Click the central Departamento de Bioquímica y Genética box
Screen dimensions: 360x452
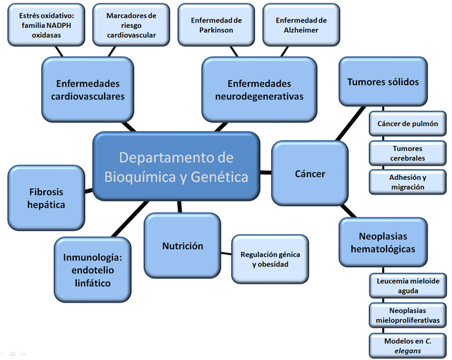coord(176,166)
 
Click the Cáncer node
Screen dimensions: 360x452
coord(309,174)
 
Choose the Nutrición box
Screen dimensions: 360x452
coord(183,246)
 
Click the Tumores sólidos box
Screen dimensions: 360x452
coord(382,82)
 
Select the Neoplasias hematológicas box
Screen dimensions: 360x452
coord(382,242)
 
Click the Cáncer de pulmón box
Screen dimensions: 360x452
coord(407,123)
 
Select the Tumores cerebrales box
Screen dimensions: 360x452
coord(407,153)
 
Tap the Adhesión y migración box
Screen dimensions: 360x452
coord(407,182)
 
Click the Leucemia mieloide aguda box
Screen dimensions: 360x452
coord(407,286)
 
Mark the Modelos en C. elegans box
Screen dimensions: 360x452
coord(407,345)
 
